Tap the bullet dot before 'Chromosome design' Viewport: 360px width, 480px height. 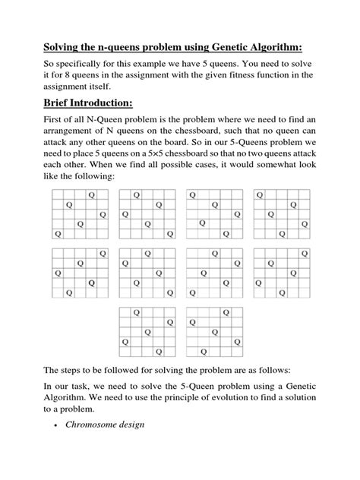click(x=58, y=445)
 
